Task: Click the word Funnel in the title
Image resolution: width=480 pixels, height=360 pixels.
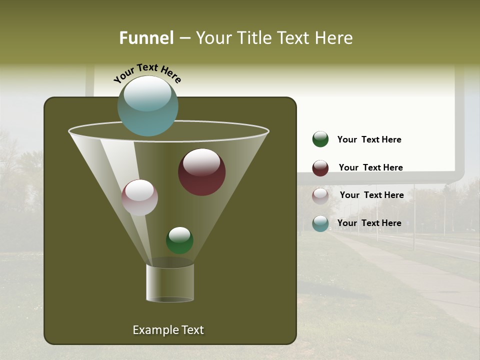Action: [146, 37]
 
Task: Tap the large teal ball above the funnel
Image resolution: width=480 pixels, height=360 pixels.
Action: [147, 106]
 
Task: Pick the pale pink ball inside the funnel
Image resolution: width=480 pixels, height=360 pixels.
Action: [139, 198]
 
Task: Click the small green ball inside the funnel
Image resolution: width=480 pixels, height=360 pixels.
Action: [179, 240]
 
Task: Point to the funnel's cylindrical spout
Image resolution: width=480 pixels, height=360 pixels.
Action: [170, 283]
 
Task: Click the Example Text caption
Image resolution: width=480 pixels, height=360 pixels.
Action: [168, 330]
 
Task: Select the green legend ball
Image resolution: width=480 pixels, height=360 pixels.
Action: [320, 139]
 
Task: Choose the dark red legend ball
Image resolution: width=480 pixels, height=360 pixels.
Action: [320, 168]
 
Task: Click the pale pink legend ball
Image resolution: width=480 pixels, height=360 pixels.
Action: [320, 196]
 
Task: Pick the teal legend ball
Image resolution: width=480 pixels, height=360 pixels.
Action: [320, 223]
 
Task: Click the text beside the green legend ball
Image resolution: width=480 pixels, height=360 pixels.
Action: [369, 139]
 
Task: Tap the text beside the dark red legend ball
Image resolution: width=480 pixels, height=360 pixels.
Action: [370, 167]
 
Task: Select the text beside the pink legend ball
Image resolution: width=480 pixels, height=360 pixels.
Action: [371, 195]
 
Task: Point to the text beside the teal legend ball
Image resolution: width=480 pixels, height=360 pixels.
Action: [369, 223]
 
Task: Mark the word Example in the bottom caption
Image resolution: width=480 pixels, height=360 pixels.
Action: [152, 330]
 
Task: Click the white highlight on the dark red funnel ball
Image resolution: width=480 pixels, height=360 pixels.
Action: [201, 162]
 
